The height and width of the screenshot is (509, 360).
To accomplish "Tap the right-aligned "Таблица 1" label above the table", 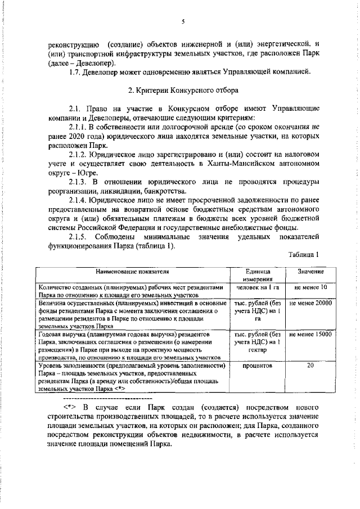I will click(x=304, y=255).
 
